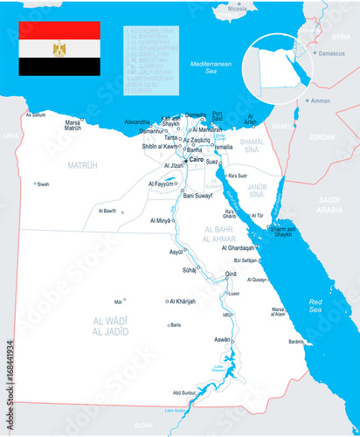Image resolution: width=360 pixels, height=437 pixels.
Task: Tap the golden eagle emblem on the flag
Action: click(59, 49)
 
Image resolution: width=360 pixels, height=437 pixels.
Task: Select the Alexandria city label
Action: click(137, 121)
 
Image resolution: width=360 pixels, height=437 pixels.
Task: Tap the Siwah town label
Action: click(43, 184)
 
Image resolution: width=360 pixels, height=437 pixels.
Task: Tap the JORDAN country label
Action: click(322, 137)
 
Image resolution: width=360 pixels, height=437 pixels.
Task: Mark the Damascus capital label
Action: click(331, 54)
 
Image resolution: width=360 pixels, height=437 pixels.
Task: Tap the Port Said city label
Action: click(218, 116)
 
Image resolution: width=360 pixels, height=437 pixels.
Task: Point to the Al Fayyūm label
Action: click(161, 184)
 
